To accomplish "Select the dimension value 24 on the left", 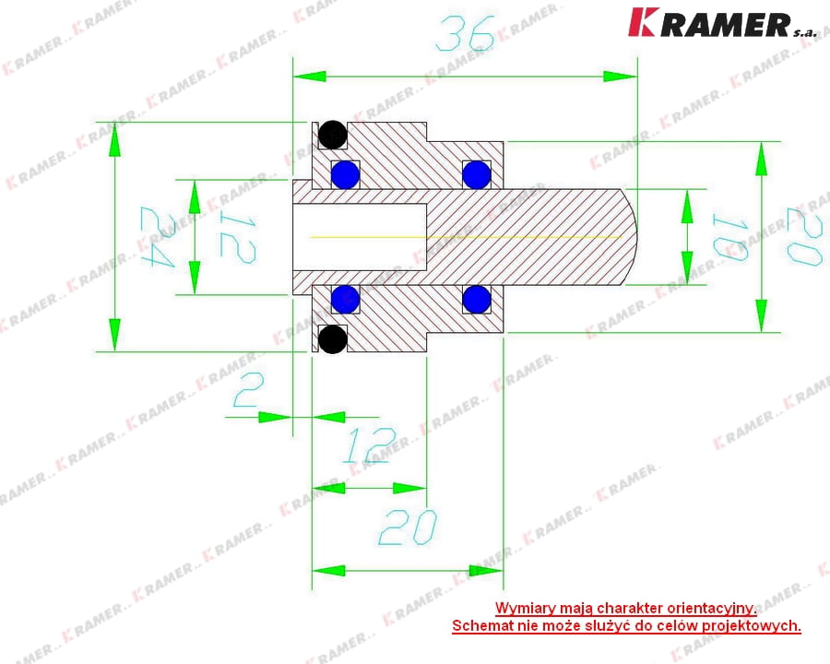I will pos(157,237).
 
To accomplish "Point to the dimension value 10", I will pos(729,237).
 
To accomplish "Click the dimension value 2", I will pos(247,392).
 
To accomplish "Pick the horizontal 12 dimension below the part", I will pos(369,448).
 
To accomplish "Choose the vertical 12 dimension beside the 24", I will pos(234,237).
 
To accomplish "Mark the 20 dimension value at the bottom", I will pos(407,528).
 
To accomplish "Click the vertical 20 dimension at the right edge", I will pos(803,237).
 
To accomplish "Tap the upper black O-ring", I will pos(333,136).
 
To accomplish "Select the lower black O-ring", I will pos(333,339).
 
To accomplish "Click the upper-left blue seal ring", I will pos(345,173).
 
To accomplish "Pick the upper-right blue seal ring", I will pos(477,173).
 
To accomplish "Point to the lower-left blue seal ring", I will pos(345,299).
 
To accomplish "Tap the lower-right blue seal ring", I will pos(477,299).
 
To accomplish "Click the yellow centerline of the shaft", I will pos(461,237).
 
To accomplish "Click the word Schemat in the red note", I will pos(482,626).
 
